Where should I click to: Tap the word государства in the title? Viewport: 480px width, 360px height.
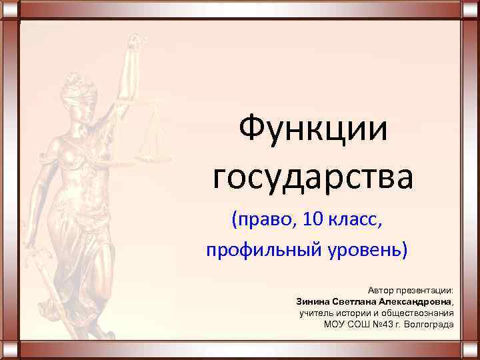[x=313, y=177]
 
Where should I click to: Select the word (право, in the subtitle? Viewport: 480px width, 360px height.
[x=257, y=219]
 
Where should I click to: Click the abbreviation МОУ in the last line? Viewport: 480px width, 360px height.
[x=335, y=324]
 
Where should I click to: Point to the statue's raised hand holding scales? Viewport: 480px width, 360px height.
[x=135, y=45]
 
